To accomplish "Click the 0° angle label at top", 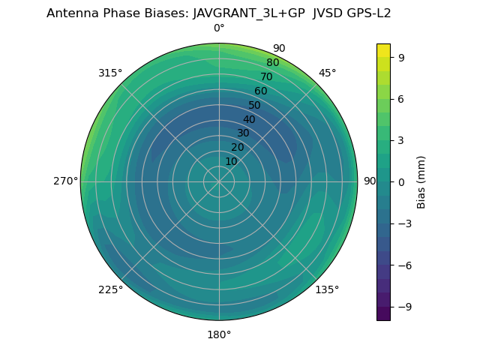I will (219, 28).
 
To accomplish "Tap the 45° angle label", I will (327, 73).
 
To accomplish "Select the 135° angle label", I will (327, 289).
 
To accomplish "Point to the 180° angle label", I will (219, 334).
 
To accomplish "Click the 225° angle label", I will (110, 290).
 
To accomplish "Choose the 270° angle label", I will (65, 181).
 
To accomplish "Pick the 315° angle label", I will (110, 73).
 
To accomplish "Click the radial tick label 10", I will (231, 161).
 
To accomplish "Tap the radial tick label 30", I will (243, 133).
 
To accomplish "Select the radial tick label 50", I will (255, 106).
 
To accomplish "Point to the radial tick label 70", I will (267, 77).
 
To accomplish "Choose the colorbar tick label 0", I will (400, 181).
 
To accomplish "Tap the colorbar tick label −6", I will (403, 265).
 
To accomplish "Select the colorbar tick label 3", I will (400, 140).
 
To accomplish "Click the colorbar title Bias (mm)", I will (421, 181).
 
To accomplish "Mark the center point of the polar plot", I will (219, 181).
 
